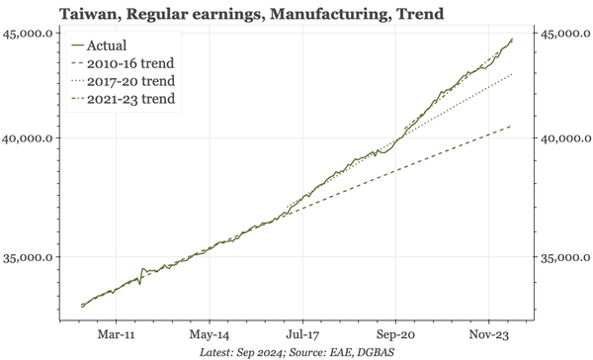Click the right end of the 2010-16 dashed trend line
[x=511, y=127]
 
